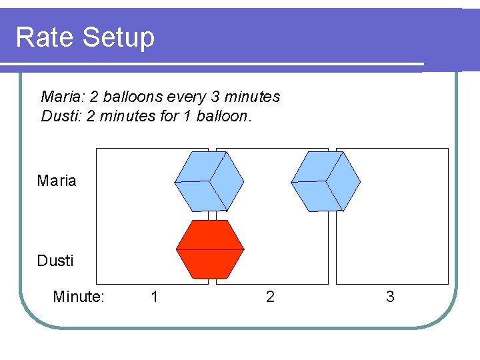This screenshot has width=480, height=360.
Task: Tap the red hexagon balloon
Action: click(210, 249)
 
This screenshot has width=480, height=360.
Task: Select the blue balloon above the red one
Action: click(209, 181)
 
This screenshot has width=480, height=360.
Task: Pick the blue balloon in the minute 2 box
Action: click(325, 181)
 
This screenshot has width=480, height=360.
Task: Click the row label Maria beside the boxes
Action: click(57, 181)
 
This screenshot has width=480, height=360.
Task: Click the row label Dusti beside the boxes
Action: click(55, 261)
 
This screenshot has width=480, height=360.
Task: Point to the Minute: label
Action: click(79, 297)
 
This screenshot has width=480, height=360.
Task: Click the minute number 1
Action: click(155, 297)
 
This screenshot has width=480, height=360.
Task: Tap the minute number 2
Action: click(270, 297)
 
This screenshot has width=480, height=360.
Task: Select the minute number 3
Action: click(390, 297)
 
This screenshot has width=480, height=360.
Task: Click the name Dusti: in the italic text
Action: click(61, 117)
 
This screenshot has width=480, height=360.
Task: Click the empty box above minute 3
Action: click(392, 216)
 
